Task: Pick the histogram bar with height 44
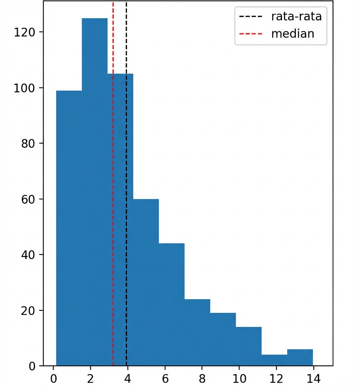[171, 304]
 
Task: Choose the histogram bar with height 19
[223, 339]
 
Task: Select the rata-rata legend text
[296, 16]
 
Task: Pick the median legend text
[292, 34]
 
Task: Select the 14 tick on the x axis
[313, 379]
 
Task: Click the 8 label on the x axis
[202, 379]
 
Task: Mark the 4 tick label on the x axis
[128, 379]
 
